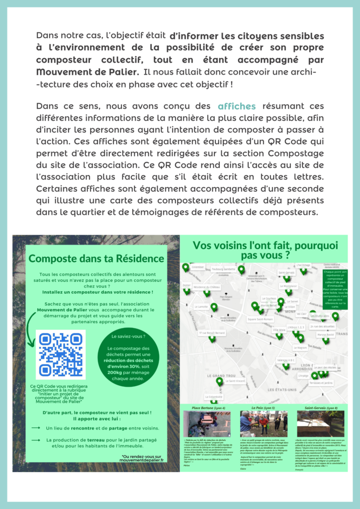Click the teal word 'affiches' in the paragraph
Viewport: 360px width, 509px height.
(237, 106)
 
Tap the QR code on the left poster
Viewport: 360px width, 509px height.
(61, 354)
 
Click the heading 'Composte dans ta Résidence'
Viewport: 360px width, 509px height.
(96, 259)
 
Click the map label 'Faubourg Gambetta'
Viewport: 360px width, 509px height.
(223, 269)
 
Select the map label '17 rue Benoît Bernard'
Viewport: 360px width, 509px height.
(212, 333)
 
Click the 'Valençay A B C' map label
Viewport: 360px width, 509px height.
(286, 359)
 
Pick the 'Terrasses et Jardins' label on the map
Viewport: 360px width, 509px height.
(321, 383)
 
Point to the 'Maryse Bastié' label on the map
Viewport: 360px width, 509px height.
(325, 335)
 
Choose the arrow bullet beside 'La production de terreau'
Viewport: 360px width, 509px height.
(35, 440)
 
